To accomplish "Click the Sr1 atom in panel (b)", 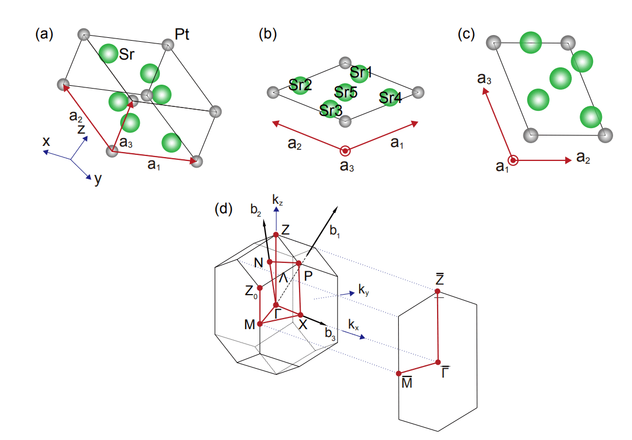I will [x=360, y=71].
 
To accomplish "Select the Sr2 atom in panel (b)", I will [x=300, y=85].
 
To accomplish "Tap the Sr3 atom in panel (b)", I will [x=330, y=109].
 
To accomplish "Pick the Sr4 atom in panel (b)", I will [x=390, y=97].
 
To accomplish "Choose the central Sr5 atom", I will [x=345, y=92].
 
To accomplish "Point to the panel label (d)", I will [x=223, y=209].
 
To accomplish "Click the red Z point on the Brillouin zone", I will [x=276, y=234].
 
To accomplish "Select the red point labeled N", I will [x=270, y=261].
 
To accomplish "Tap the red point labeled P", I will [x=298, y=263].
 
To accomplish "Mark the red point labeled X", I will [x=301, y=315].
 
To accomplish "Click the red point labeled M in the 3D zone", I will [x=259, y=324].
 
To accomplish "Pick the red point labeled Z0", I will [x=259, y=288].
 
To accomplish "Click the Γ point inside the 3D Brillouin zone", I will [x=276, y=305].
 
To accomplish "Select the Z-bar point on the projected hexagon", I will [x=438, y=291].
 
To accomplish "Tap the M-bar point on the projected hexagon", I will [x=399, y=373].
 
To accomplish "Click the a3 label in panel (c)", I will [x=484, y=79].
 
